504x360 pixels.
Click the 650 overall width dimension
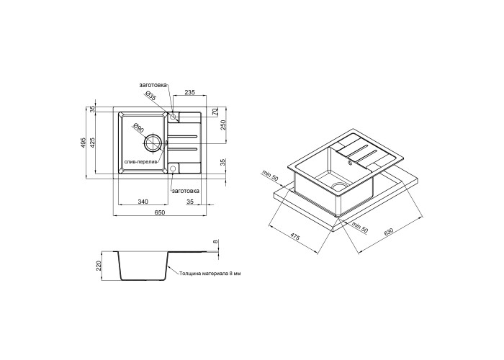point(160,212)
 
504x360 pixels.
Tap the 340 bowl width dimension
point(143,202)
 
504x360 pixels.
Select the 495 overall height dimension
point(83,143)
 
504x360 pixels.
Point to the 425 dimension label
point(92,143)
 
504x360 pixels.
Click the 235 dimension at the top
point(190,92)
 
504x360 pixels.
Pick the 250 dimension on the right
point(224,125)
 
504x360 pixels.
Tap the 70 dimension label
point(215,112)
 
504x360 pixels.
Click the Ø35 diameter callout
point(150,96)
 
